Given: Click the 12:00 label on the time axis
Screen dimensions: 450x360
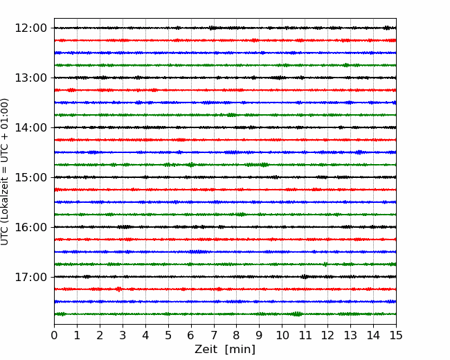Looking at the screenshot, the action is point(30,28).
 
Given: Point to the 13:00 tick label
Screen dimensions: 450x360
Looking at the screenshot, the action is point(30,78).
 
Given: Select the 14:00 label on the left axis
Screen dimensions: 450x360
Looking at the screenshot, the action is point(30,127).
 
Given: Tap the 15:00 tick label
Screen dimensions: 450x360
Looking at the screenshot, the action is point(30,177).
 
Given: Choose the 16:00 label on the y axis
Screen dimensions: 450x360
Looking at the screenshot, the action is point(30,227).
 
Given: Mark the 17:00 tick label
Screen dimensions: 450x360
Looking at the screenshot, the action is point(30,277).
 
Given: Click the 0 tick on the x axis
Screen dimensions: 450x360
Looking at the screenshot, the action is point(54,335).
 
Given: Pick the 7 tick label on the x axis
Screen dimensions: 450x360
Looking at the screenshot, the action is point(214,335).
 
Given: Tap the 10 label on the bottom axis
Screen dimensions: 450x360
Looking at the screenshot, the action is point(282,335).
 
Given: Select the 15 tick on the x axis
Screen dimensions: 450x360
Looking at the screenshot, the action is point(396,335).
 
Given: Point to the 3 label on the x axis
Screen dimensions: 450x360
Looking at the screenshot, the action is point(123,335).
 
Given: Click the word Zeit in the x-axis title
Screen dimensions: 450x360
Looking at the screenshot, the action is point(207,349).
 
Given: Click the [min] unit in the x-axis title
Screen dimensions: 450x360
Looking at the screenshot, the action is point(240,350).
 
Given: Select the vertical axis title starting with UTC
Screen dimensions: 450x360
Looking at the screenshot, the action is point(5,172).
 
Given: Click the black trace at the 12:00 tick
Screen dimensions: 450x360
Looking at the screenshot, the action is point(225,28).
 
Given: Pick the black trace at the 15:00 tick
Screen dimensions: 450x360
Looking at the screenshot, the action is point(225,177).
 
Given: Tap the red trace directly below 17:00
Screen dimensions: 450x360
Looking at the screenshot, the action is point(225,289).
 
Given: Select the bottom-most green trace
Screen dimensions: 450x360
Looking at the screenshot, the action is point(225,314).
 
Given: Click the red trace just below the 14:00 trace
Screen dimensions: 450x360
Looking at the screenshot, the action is point(225,140).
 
